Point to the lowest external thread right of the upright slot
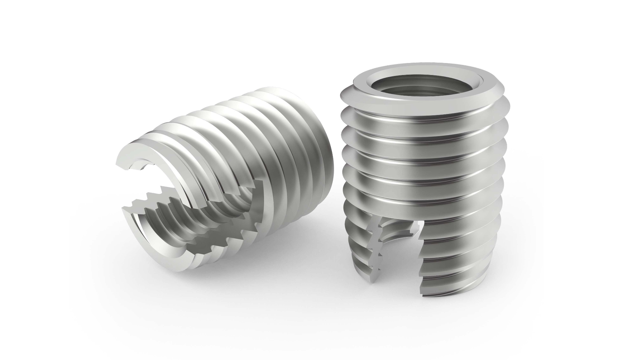coord(467,283)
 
